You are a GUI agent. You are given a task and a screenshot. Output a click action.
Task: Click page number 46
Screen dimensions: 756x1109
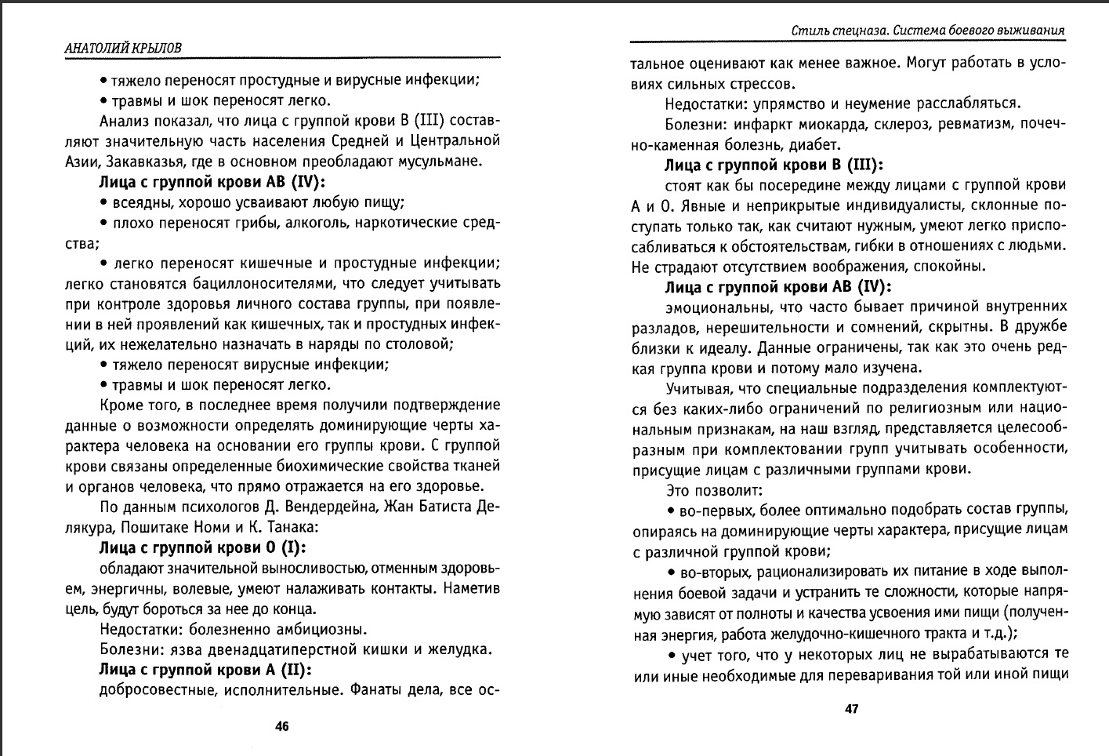(x=282, y=726)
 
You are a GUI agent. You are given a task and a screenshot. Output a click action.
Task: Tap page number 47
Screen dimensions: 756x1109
(x=851, y=709)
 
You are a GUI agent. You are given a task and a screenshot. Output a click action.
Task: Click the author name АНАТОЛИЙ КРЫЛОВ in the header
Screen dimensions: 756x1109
(x=122, y=48)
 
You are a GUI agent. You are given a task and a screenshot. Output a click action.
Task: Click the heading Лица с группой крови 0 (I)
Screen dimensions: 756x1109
(x=202, y=547)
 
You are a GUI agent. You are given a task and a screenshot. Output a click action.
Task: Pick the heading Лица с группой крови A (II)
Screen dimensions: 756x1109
(x=205, y=670)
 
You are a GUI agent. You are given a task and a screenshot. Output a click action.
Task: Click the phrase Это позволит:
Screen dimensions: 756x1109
(x=714, y=490)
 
